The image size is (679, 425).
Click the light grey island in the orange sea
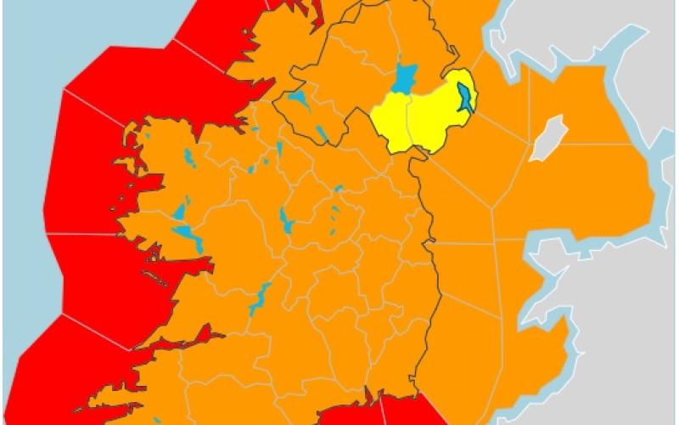coord(547,138)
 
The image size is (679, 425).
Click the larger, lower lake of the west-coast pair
coord(188,235)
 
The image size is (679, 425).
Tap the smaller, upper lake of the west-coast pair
coord(179,211)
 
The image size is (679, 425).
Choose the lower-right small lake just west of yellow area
coord(323,133)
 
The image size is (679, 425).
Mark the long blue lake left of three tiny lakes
coord(285,221)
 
